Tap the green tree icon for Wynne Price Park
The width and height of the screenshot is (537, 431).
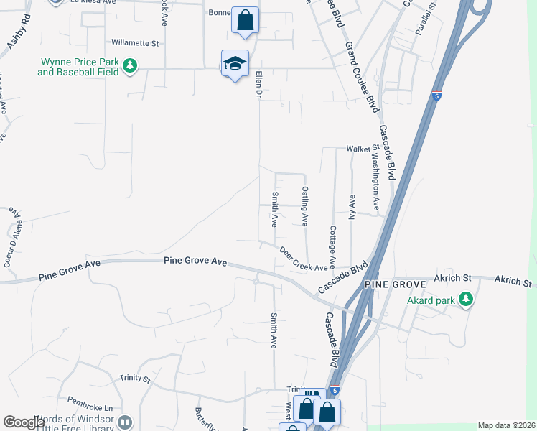tap(130, 67)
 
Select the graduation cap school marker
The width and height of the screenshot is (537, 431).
tap(235, 64)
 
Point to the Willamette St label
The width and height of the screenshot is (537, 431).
tap(134, 43)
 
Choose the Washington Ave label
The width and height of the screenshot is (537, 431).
tap(375, 176)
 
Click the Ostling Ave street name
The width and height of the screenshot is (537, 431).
tap(305, 206)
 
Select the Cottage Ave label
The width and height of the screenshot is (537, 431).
tap(332, 248)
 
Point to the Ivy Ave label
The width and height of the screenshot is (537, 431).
tap(352, 208)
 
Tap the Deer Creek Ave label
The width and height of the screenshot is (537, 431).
tap(303, 259)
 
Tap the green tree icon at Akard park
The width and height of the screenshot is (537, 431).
tap(465, 299)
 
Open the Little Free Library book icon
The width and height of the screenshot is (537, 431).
tap(126, 422)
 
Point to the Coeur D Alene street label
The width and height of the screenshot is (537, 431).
tap(9, 247)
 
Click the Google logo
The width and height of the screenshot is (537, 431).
tap(24, 422)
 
